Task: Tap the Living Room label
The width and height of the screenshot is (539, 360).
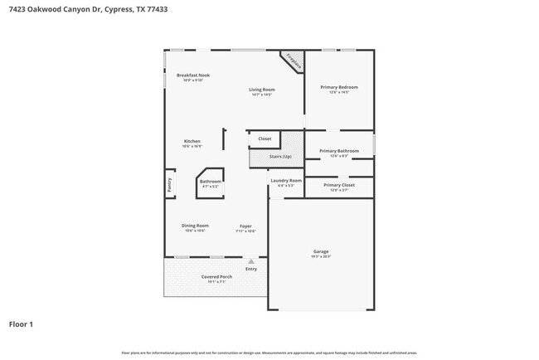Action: tap(262, 90)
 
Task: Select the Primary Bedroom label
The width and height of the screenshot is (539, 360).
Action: tap(338, 87)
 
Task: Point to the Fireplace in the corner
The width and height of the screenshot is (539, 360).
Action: tap(292, 61)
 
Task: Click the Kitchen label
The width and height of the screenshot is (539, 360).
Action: tap(192, 141)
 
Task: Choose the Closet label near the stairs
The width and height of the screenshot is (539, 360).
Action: tap(265, 139)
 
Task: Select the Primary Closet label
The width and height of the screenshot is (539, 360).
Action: tap(338, 185)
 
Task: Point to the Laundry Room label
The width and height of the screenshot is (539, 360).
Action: tap(286, 180)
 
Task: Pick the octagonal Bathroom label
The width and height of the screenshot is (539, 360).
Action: tap(210, 181)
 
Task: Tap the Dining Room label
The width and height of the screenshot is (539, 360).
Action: tap(195, 226)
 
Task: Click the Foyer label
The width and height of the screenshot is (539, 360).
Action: tap(246, 226)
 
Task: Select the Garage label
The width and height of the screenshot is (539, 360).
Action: tap(321, 251)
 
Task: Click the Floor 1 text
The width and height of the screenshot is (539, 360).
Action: tap(21, 324)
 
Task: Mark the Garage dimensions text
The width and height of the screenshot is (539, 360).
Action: tap(321, 257)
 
